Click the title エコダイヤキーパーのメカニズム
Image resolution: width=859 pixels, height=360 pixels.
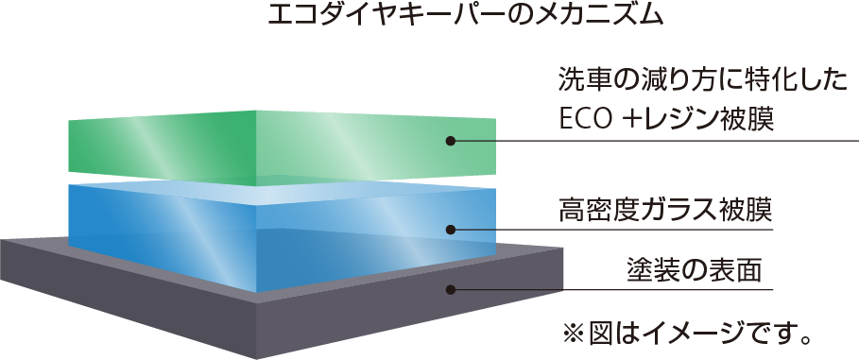465,15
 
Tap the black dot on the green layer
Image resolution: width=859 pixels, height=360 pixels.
451,141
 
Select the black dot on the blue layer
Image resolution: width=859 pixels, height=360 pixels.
451,229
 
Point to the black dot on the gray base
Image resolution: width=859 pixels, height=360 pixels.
451,289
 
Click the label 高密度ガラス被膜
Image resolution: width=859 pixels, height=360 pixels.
665,211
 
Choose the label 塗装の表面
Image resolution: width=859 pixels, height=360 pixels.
695,270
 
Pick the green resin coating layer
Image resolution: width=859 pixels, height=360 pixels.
283,146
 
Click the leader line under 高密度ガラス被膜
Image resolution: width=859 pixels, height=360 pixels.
611,229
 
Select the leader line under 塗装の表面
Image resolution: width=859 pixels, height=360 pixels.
611,289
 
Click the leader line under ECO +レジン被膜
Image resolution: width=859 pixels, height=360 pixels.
655,141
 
